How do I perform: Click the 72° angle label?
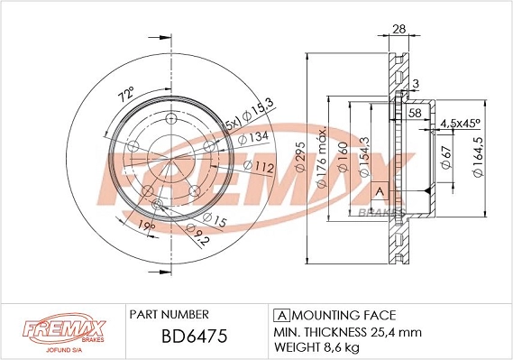click(x=125, y=93)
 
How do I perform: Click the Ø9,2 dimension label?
click(x=199, y=237)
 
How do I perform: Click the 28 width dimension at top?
click(x=398, y=30)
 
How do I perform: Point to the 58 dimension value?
click(x=415, y=113)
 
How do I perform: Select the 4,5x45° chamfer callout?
click(x=460, y=123)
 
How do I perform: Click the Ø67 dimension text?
click(x=444, y=162)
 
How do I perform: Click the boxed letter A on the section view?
click(x=380, y=191)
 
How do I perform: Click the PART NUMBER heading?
click(x=169, y=315)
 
